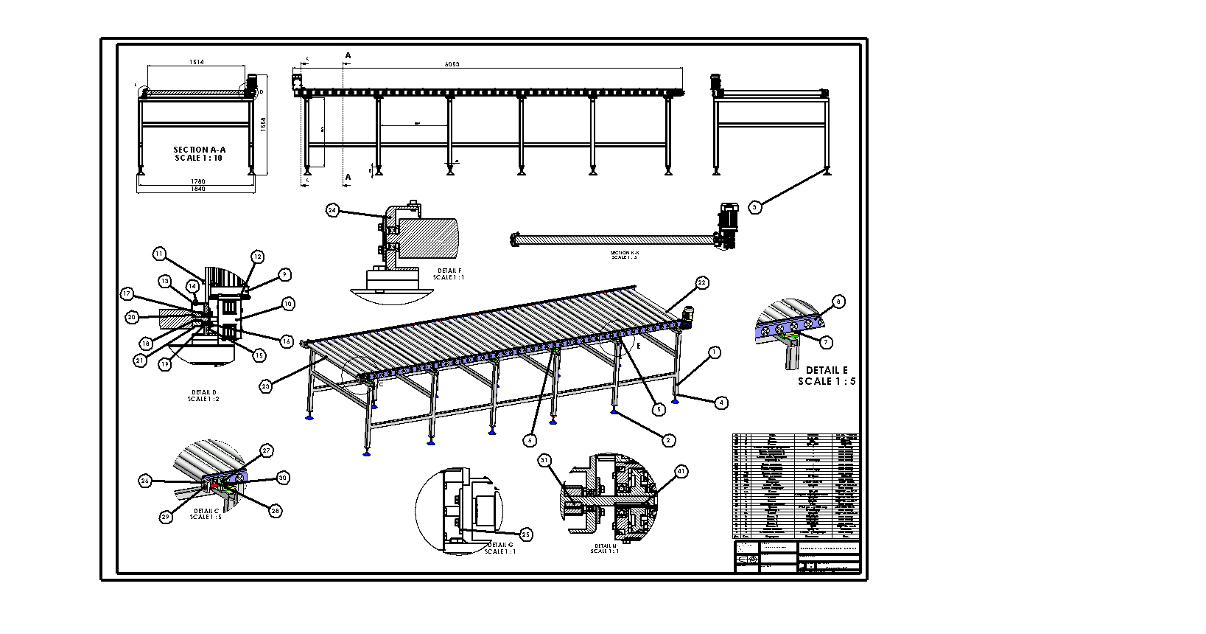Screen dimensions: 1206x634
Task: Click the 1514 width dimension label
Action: (x=197, y=63)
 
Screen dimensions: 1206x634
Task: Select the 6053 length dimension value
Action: (x=452, y=64)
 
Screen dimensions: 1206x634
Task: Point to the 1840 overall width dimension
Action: (x=197, y=189)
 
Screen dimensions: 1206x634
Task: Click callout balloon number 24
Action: (x=333, y=210)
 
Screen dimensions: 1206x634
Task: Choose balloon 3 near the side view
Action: (x=754, y=207)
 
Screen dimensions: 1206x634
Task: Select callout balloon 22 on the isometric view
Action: (x=701, y=282)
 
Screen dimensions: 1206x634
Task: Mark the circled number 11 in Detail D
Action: (x=160, y=254)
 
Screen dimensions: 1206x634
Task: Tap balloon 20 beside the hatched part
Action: (x=132, y=317)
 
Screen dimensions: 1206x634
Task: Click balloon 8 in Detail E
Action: (x=837, y=302)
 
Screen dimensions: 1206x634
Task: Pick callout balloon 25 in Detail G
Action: (x=525, y=534)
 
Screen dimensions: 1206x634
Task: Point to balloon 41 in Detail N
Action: (x=681, y=471)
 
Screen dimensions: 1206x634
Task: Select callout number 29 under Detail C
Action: (x=166, y=517)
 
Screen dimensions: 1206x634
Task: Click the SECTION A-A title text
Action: (x=199, y=153)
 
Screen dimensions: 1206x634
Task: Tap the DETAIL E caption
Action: (x=827, y=375)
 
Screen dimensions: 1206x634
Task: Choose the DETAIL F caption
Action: (x=449, y=274)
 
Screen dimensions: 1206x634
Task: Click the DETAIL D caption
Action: (x=203, y=395)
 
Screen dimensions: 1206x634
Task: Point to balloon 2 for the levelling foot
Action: (x=668, y=440)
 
